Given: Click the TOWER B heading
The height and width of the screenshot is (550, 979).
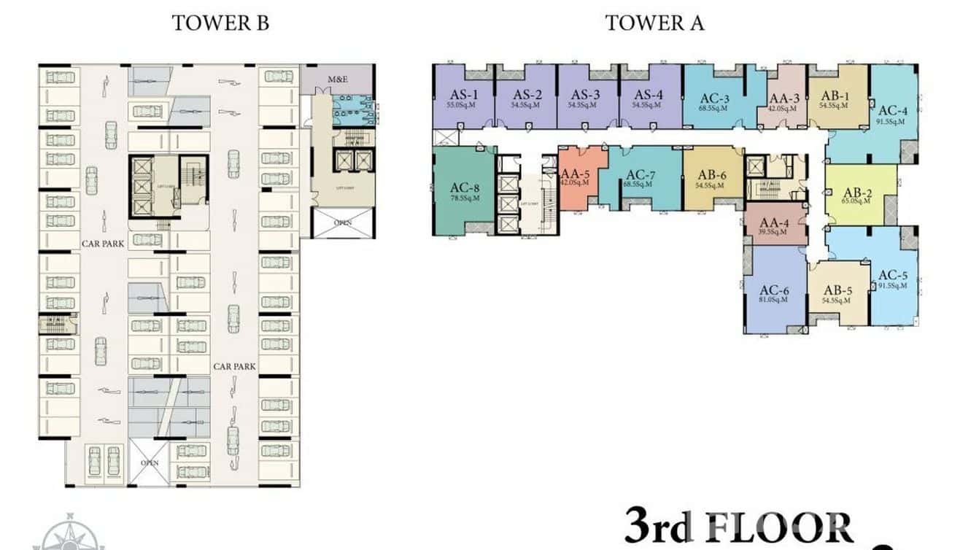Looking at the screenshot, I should tap(220, 23).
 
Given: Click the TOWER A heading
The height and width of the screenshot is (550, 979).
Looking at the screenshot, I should tap(654, 23).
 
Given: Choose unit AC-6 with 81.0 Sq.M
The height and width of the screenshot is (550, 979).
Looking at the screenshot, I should tap(774, 293).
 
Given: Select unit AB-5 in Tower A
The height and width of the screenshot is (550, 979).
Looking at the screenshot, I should tap(839, 292).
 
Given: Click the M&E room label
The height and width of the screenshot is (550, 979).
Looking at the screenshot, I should tap(337, 79).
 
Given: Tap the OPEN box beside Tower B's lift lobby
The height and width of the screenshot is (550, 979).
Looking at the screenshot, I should tap(342, 222).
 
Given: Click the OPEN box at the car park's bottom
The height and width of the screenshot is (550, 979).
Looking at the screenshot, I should tap(150, 462).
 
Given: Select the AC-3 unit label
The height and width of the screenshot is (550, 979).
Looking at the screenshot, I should tap(715, 98).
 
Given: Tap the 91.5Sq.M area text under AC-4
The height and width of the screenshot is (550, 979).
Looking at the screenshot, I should tap(891, 122).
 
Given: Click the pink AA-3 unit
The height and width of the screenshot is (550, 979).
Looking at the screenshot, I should tap(784, 98).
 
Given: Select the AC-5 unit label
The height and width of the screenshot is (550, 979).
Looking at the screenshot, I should tap(893, 275).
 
